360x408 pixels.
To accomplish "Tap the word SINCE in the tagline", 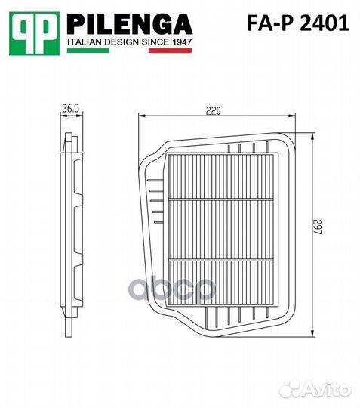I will (161, 42).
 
